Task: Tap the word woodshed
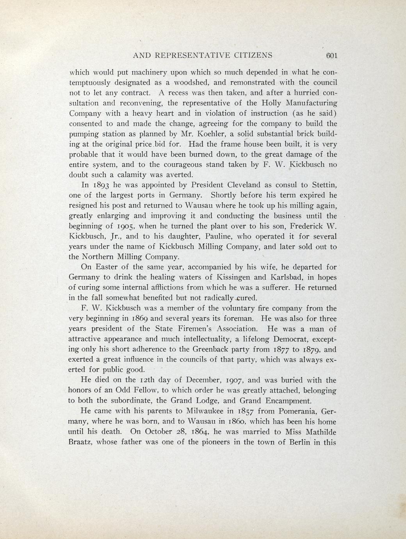(x=193, y=83)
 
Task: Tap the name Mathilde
(x=317, y=432)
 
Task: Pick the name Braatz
(x=81, y=442)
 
